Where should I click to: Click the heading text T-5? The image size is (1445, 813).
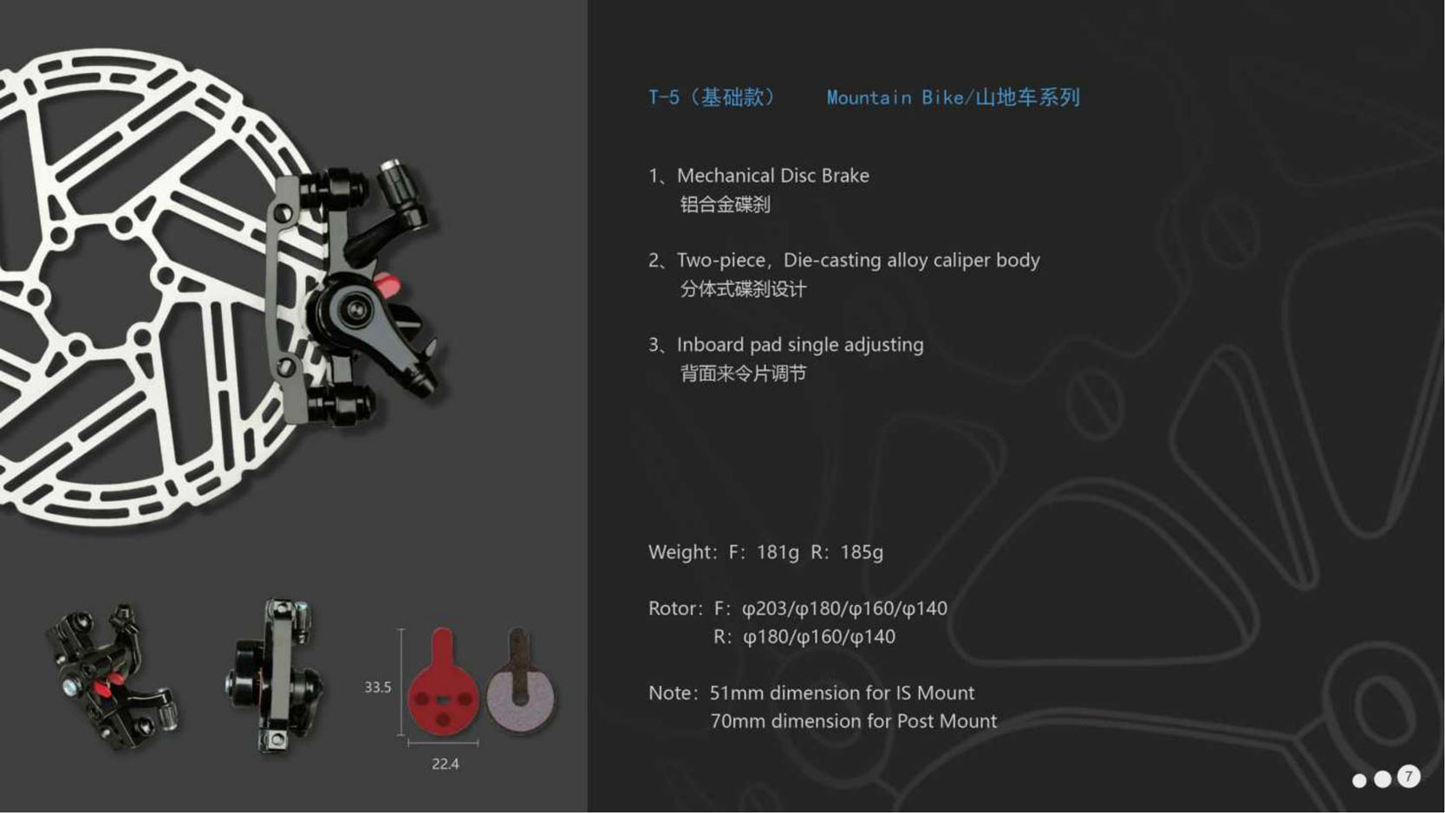[x=664, y=97]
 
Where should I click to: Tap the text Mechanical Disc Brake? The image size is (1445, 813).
[x=773, y=175]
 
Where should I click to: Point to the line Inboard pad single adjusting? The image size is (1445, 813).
[x=800, y=345]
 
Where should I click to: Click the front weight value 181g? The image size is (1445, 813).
[x=778, y=552]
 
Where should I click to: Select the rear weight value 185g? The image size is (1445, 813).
[x=862, y=552]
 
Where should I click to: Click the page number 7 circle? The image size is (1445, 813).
[x=1409, y=777]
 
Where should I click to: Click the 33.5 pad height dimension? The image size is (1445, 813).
[x=377, y=687]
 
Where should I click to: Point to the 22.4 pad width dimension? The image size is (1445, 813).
[x=445, y=764]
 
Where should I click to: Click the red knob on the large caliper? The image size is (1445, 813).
[x=387, y=284]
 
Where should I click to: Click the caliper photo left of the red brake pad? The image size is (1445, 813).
[x=274, y=676]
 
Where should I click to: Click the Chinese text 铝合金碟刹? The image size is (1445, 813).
[x=725, y=205]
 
